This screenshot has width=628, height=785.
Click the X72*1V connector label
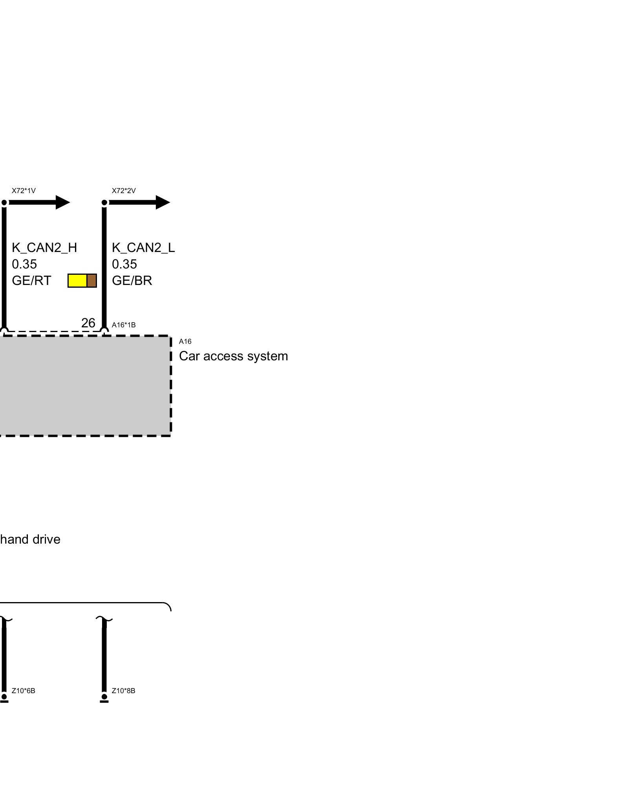[24, 191]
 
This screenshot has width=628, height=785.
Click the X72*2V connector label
[124, 191]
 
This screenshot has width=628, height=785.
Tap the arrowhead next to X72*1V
[62, 203]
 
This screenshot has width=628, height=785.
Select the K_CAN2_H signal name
[44, 248]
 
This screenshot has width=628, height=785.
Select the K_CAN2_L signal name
[143, 248]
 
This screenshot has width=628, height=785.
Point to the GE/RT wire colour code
[31, 281]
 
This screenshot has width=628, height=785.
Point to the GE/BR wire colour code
[132, 281]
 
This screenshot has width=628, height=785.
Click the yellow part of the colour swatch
[77, 281]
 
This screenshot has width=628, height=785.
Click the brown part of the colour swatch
[91, 281]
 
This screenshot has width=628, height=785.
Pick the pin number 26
[88, 323]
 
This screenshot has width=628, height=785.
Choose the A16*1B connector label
[124, 325]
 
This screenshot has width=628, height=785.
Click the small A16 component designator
[185, 341]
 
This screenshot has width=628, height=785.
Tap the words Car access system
[234, 356]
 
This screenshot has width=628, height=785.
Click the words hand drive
[30, 539]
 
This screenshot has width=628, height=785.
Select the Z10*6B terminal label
[24, 691]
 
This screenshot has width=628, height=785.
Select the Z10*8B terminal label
[124, 691]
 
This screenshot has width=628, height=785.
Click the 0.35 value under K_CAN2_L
[124, 264]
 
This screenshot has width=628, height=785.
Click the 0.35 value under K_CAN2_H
[24, 264]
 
